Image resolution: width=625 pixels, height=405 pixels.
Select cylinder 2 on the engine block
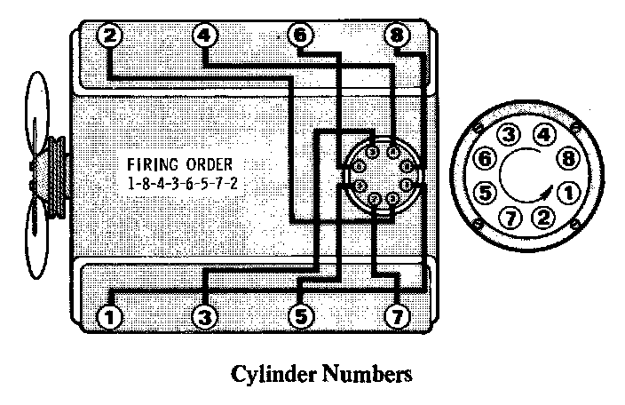point(108,36)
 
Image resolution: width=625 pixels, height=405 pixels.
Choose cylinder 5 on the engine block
point(301,314)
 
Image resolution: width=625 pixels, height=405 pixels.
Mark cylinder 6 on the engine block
point(301,36)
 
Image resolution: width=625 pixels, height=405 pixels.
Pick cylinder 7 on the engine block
point(396,314)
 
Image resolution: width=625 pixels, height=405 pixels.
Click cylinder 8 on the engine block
point(397,36)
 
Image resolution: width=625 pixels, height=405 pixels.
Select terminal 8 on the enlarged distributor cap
point(566,161)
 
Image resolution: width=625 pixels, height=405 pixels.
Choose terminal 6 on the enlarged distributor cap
point(485,161)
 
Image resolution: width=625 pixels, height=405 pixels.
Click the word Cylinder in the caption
point(271,375)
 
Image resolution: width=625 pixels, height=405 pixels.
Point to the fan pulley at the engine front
point(58,178)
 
